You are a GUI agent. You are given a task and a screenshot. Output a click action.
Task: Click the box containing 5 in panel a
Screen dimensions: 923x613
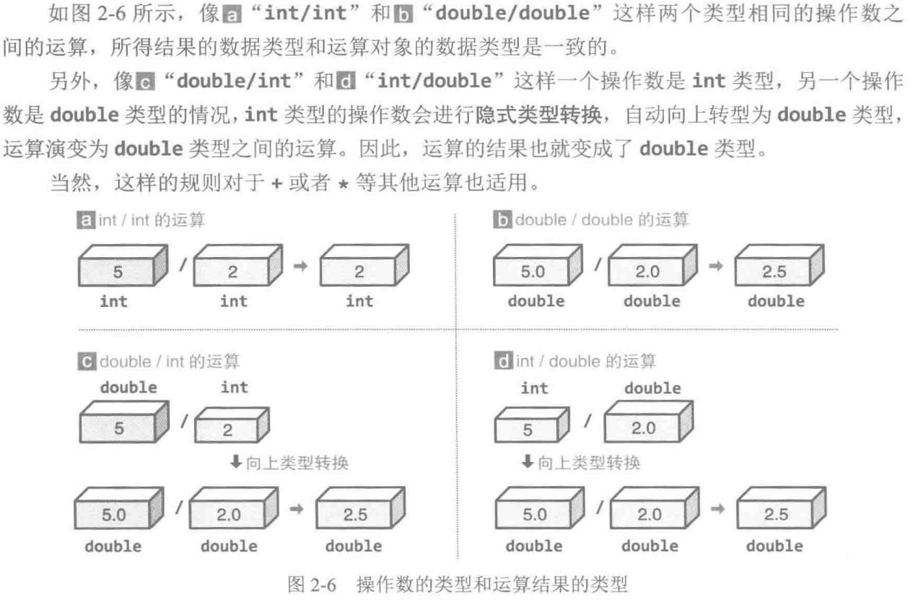click(x=123, y=266)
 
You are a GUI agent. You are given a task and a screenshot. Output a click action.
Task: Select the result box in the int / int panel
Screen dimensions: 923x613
click(x=364, y=266)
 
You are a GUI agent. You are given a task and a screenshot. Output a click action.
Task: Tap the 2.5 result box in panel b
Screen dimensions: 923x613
click(x=779, y=266)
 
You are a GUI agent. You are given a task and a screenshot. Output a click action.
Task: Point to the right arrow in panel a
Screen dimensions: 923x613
click(x=301, y=266)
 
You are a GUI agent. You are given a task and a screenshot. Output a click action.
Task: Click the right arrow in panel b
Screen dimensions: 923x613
click(x=716, y=266)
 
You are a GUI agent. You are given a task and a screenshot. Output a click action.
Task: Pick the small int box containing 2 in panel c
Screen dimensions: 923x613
click(x=232, y=425)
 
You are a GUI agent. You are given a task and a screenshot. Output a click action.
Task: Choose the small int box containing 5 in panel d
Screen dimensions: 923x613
click(x=532, y=425)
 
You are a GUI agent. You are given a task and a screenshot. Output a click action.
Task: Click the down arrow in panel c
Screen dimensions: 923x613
click(x=236, y=461)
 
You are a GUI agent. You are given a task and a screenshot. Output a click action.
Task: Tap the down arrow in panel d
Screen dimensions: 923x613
click(x=528, y=461)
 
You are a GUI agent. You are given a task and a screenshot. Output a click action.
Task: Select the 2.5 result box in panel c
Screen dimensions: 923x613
click(x=361, y=508)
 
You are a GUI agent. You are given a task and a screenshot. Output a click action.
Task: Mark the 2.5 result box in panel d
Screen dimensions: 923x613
click(x=782, y=508)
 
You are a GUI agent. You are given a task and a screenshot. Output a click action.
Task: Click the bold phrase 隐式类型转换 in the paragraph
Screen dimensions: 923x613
click(x=538, y=115)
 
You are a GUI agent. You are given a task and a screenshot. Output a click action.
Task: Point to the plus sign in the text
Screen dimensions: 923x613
click(x=276, y=183)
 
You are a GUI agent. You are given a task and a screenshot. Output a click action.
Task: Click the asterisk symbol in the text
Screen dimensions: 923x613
click(x=343, y=184)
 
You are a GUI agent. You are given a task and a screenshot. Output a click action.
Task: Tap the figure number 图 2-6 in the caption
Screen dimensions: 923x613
click(x=312, y=585)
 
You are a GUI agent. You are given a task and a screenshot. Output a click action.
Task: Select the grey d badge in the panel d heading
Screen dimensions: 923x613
click(x=503, y=361)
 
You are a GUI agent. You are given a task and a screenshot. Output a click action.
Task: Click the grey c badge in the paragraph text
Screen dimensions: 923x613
click(x=146, y=81)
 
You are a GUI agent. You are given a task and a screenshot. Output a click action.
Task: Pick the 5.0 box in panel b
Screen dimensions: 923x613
click(x=538, y=266)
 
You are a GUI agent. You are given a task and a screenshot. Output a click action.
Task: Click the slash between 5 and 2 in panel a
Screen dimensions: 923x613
click(x=183, y=265)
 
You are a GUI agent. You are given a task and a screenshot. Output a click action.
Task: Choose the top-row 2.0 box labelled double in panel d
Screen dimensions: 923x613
click(x=649, y=422)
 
